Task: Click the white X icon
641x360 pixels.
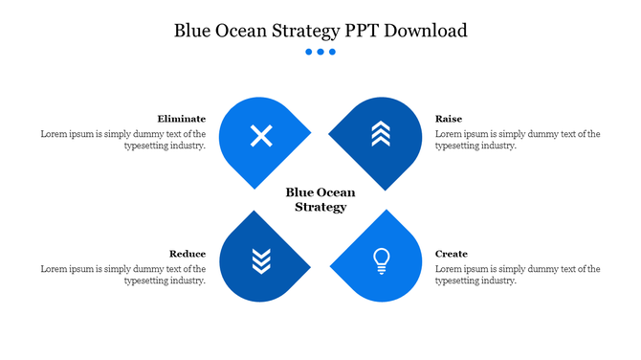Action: coord(260,136)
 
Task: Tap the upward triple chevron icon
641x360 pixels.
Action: coord(381,135)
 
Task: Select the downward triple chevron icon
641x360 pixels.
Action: coord(260,259)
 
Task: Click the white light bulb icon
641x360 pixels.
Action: coord(381,259)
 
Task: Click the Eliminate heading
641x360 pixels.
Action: coord(182,119)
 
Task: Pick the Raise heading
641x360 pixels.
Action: coord(449,119)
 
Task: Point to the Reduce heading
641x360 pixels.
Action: coord(188,254)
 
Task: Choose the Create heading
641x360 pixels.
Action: coord(452,254)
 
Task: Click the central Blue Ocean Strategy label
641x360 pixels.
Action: coord(320,199)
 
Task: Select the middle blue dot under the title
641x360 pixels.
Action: coord(320,52)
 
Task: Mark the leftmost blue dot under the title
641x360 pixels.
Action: coord(309,52)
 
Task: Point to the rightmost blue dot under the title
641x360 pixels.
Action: coord(332,52)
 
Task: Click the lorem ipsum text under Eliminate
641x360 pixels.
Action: coord(123,140)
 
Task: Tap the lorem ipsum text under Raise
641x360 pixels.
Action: coord(518,140)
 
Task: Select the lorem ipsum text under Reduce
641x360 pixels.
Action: coord(123,275)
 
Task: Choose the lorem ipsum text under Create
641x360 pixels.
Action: coord(518,275)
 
